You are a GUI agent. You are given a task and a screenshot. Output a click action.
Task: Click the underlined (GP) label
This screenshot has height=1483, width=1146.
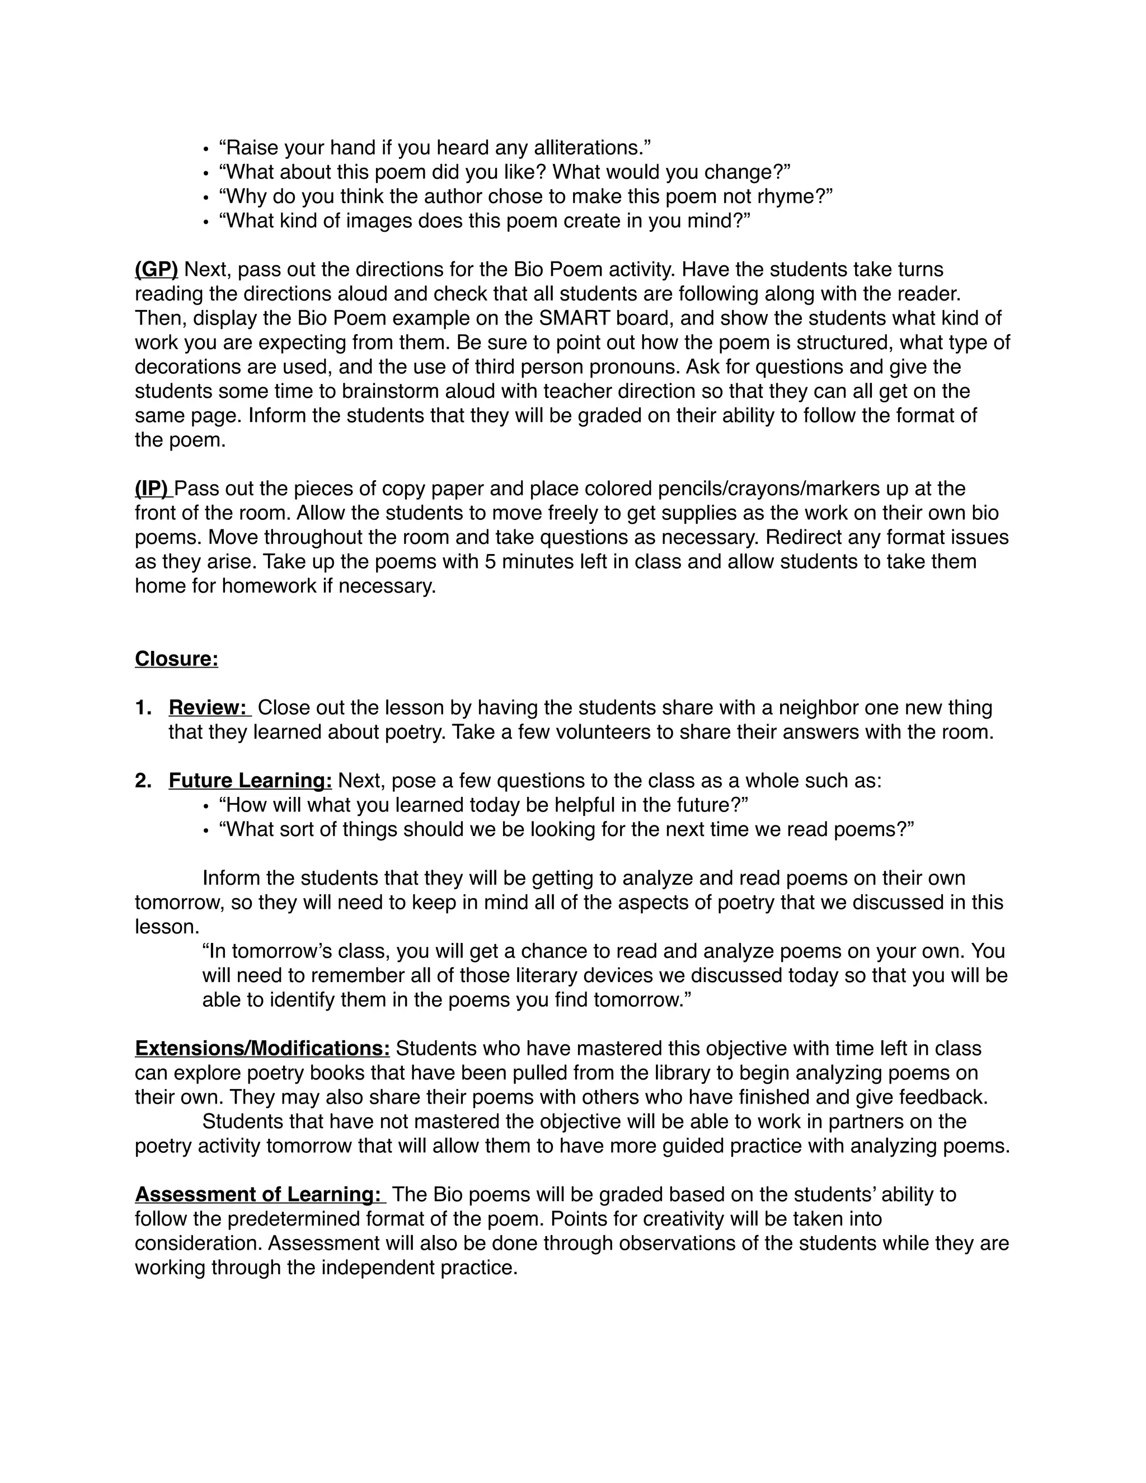(156, 270)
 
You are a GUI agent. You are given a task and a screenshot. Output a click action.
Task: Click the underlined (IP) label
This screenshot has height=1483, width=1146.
(153, 489)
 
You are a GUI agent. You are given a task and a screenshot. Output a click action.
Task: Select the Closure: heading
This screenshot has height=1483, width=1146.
(176, 659)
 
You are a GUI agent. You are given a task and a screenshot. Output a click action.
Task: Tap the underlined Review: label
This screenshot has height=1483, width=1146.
(208, 707)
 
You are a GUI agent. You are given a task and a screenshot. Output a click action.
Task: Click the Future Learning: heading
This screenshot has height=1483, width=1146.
(250, 781)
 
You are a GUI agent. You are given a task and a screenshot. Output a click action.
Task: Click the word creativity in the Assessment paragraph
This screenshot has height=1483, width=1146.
(684, 1219)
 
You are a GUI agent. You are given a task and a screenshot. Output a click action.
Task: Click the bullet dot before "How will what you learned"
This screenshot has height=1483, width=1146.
(206, 806)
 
